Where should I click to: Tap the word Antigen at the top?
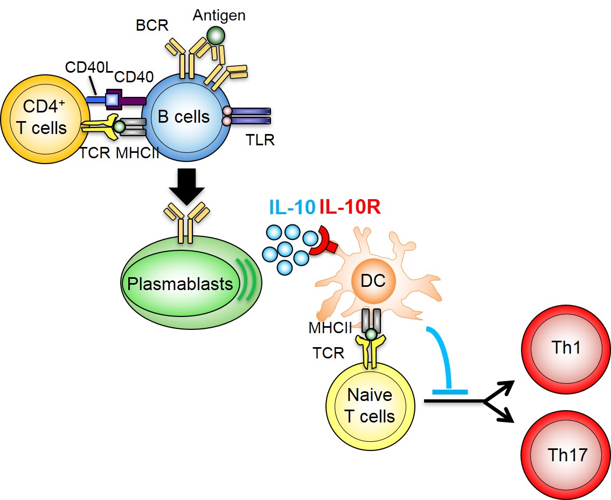point(219,15)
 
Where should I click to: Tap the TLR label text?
point(260,140)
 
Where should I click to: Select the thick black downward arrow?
point(186,186)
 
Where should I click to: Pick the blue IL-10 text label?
point(291,207)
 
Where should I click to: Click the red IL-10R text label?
point(351,207)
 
